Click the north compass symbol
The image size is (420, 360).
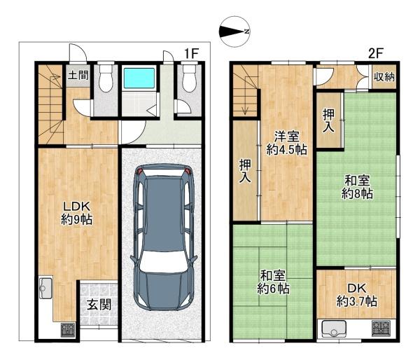tap(234, 32)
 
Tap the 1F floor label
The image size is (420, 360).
tap(191, 54)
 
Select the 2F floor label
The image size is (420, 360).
tap(374, 54)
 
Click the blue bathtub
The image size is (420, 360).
tap(139, 78)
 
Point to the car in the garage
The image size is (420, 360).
tap(164, 237)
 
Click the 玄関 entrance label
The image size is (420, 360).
tap(99, 305)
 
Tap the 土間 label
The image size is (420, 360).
tap(78, 75)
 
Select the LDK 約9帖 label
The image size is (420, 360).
tap(76, 213)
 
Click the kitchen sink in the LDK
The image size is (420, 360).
tap(45, 288)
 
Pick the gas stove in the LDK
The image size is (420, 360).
tap(68, 330)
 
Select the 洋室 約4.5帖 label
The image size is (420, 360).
tap(286, 143)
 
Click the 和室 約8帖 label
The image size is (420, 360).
tap(357, 187)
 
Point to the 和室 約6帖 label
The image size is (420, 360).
tap(273, 282)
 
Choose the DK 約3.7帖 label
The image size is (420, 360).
tap(357, 295)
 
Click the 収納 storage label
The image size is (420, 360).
tap(384, 77)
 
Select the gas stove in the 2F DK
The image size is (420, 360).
tap(379, 328)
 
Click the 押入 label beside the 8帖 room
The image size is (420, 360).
tap(328, 120)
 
